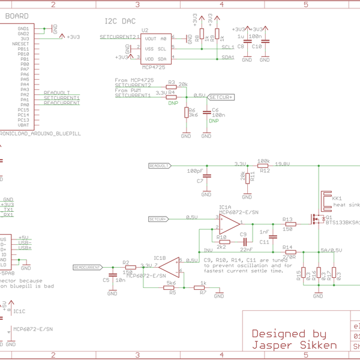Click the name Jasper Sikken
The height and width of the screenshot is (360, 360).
click(x=294, y=345)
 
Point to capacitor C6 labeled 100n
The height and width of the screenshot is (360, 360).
click(x=208, y=112)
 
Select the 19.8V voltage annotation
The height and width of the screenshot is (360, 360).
click(x=282, y=163)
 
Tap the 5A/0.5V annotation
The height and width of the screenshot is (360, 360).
click(x=331, y=250)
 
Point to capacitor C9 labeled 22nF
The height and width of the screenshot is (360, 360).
click(x=242, y=241)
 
